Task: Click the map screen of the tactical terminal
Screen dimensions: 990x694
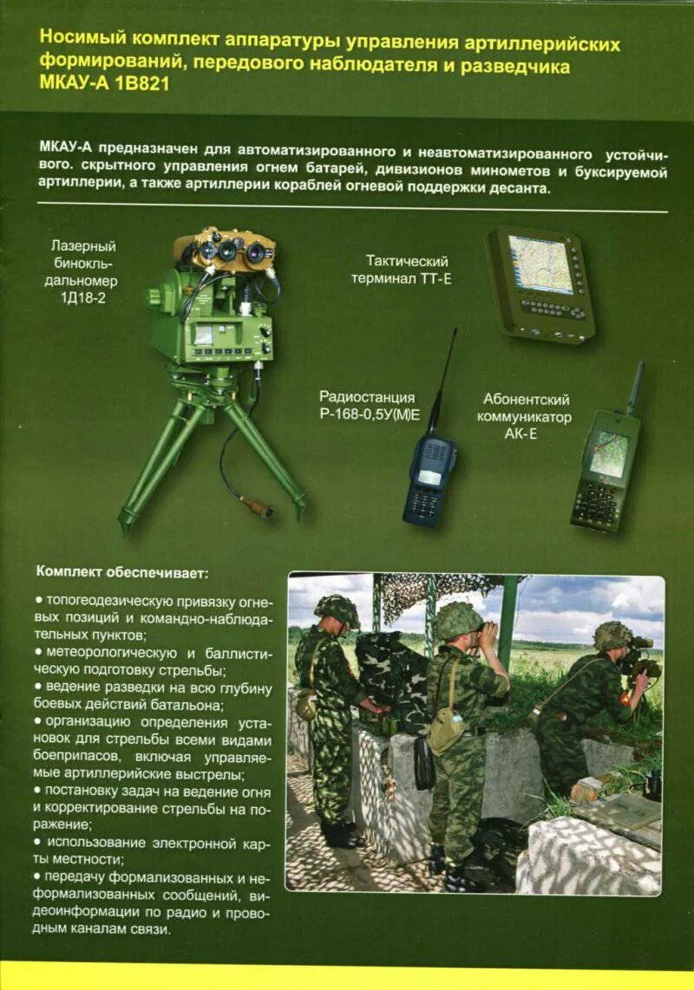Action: point(540,264)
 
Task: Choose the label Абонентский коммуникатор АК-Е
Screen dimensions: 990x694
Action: point(527,416)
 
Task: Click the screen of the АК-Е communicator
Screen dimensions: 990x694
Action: point(610,455)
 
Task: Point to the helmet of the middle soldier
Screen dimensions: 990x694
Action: point(457,619)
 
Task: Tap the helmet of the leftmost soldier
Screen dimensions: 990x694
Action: point(337,609)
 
